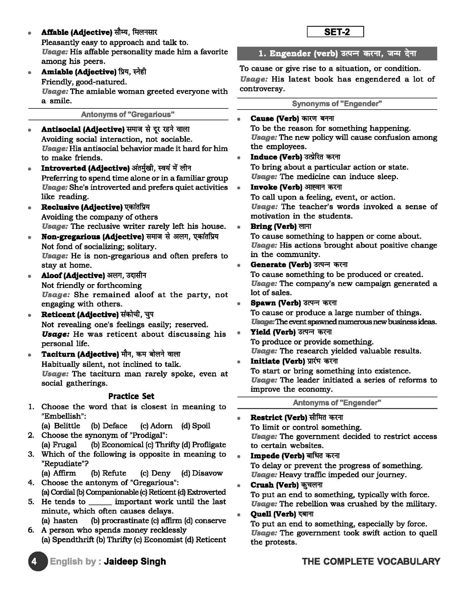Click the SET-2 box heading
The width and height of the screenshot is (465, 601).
click(335, 32)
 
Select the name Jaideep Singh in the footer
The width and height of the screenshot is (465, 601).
click(135, 561)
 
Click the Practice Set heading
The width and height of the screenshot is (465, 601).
click(131, 396)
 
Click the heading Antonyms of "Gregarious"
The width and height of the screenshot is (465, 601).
click(128, 114)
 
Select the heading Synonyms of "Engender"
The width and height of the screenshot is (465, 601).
click(337, 104)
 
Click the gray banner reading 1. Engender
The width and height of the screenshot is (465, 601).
click(337, 53)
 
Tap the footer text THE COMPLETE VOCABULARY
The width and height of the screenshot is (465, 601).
click(371, 561)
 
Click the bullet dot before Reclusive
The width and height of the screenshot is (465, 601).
click(30, 208)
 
